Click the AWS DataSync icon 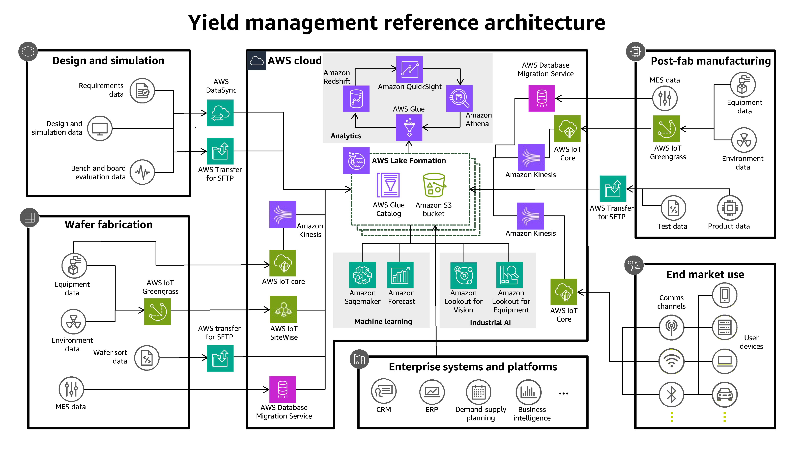tap(220, 113)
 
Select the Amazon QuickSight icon tap(409, 69)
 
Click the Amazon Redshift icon tap(356, 99)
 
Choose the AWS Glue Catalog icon tap(388, 185)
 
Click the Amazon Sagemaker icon tap(362, 275)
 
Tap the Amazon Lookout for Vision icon tap(464, 275)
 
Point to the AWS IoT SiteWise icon tap(283, 310)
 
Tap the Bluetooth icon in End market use tap(671, 395)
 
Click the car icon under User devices tap(725, 395)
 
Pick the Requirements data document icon tap(142, 91)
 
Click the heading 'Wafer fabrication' tap(109, 224)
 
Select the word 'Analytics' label tap(346, 136)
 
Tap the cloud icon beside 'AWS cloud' tap(256, 61)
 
